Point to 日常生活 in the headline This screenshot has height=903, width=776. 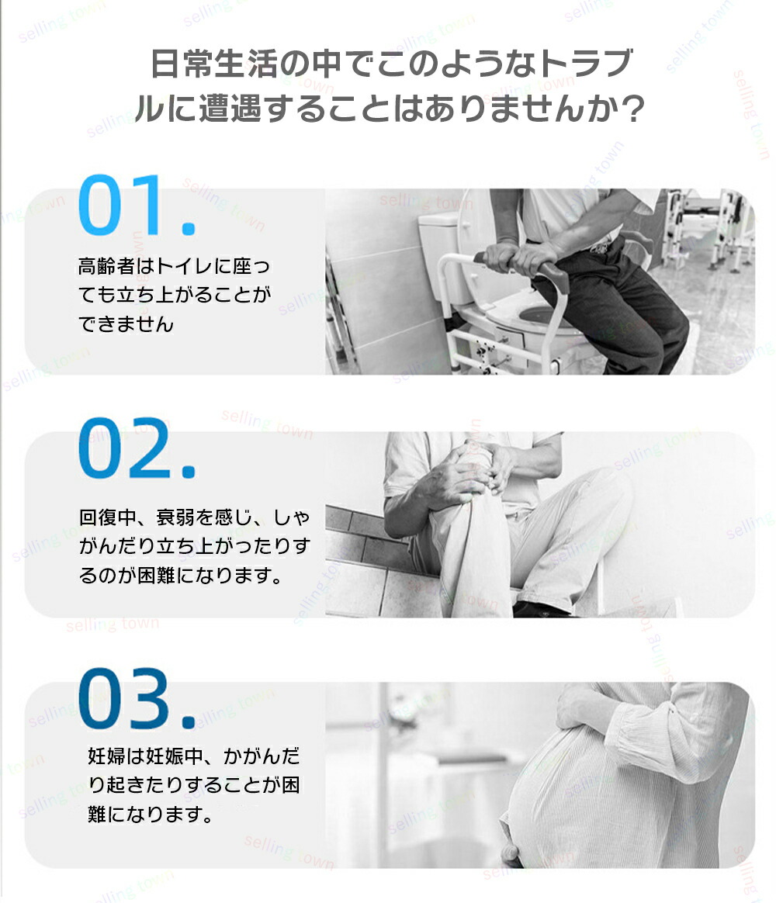pyautogui.click(x=213, y=64)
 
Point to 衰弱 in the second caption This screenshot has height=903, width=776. pyautogui.click(x=175, y=517)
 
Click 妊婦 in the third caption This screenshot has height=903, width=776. pyautogui.click(x=106, y=756)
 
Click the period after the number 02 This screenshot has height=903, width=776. pyautogui.click(x=189, y=472)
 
